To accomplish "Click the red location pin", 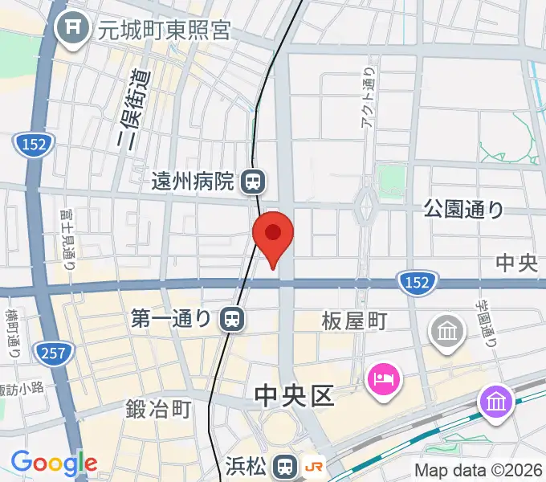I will pos(273,235).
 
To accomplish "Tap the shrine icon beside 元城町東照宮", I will pos(73,30).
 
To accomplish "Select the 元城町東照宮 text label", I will pos(164,31).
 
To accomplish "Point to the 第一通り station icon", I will pos(231,320).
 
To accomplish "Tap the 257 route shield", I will pos(55,351).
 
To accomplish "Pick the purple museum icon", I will pos(495,400).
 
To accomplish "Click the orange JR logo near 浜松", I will pos(315,465).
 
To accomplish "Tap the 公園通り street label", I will pos(464,210).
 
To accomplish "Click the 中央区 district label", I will pos(293,396).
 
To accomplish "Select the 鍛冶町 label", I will pos(159,410).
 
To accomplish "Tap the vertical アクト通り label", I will pos(369,96).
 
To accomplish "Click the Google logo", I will pos(54,463).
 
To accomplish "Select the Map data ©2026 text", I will pos(479,470).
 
